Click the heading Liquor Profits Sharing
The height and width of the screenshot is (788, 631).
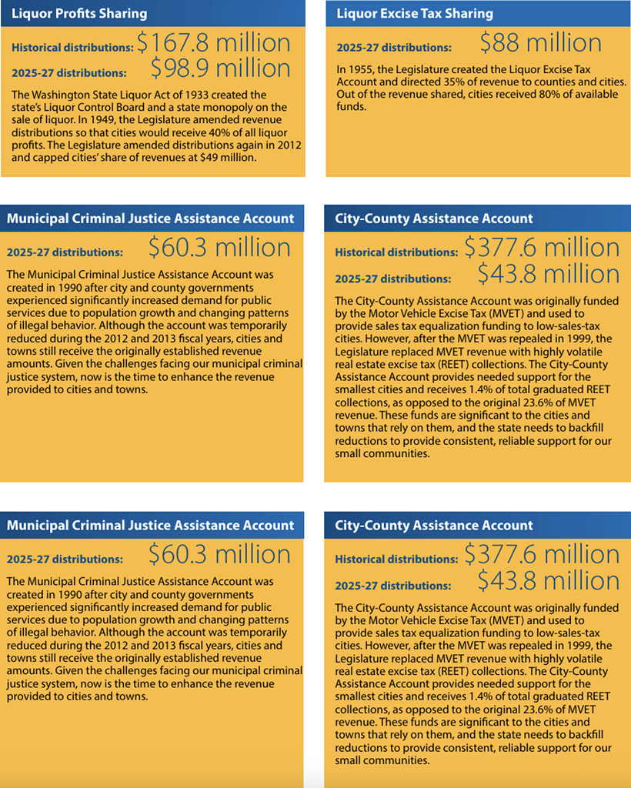[x=79, y=14]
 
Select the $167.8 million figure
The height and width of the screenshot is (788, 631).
[x=214, y=43]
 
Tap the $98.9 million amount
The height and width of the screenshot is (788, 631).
[x=220, y=69]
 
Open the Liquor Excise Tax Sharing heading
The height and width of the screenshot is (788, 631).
[x=415, y=14]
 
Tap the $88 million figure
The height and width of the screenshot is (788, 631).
[x=540, y=43]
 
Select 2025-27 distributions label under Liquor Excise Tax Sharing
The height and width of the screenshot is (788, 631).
[x=393, y=48]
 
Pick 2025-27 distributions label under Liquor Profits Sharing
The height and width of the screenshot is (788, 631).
[x=69, y=74]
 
